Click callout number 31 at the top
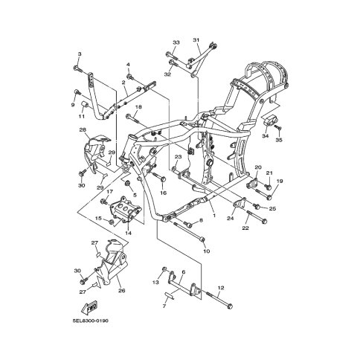pos(196,40)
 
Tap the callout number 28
pos(83,129)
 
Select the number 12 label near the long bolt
pos(221,288)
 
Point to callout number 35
pos(279,140)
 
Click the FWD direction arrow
pos(89,307)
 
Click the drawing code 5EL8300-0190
pos(91,321)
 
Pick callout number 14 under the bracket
pos(128,233)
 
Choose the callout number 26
pos(121,290)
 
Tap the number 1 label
pos(214,216)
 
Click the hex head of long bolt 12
pos(230,306)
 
